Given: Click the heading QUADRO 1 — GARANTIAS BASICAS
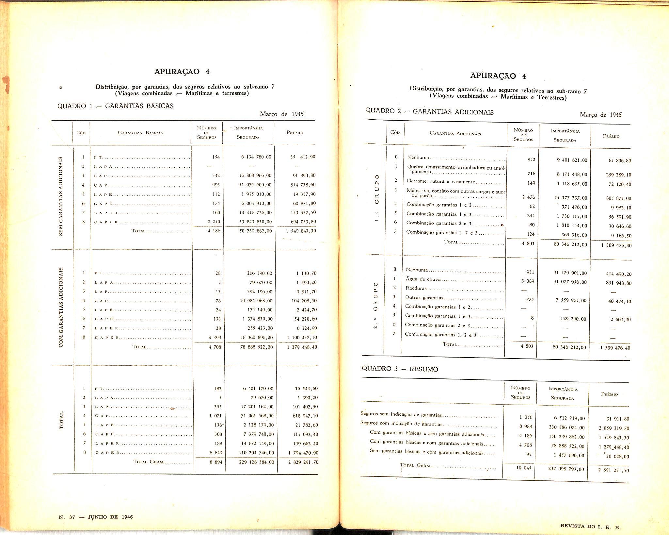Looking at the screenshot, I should (116, 106).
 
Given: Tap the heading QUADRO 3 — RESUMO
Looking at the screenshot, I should (400, 369).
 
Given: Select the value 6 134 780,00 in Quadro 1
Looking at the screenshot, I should (256, 157).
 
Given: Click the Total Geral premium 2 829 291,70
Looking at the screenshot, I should (303, 462).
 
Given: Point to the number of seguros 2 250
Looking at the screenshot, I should (214, 222).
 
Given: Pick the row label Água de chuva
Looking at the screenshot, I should (423, 279).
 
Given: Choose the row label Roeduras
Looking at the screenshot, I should (416, 288).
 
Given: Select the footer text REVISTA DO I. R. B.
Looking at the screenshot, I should (590, 526).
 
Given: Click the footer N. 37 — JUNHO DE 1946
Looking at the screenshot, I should (96, 517).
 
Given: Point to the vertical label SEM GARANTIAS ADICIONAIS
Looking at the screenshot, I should (61, 196).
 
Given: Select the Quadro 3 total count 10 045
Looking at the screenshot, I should (524, 468).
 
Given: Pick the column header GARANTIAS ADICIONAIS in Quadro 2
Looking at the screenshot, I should (455, 133).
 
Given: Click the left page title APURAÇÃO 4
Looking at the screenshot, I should (182, 72).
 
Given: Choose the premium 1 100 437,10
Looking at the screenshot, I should (302, 338).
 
